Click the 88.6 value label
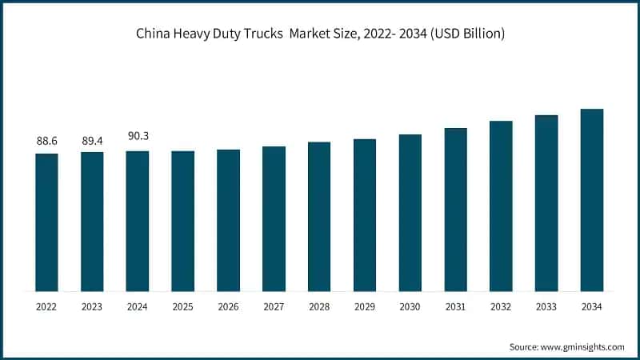pyautogui.click(x=46, y=141)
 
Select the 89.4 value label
pyautogui.click(x=92, y=141)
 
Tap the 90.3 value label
pyautogui.click(x=138, y=137)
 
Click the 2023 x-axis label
pyautogui.click(x=92, y=306)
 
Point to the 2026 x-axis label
pyautogui.click(x=228, y=306)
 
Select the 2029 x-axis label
pyautogui.click(x=365, y=306)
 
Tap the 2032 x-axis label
pyautogui.click(x=501, y=306)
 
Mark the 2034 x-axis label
pyautogui.click(x=591, y=306)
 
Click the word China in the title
pyautogui.click(x=152, y=34)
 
